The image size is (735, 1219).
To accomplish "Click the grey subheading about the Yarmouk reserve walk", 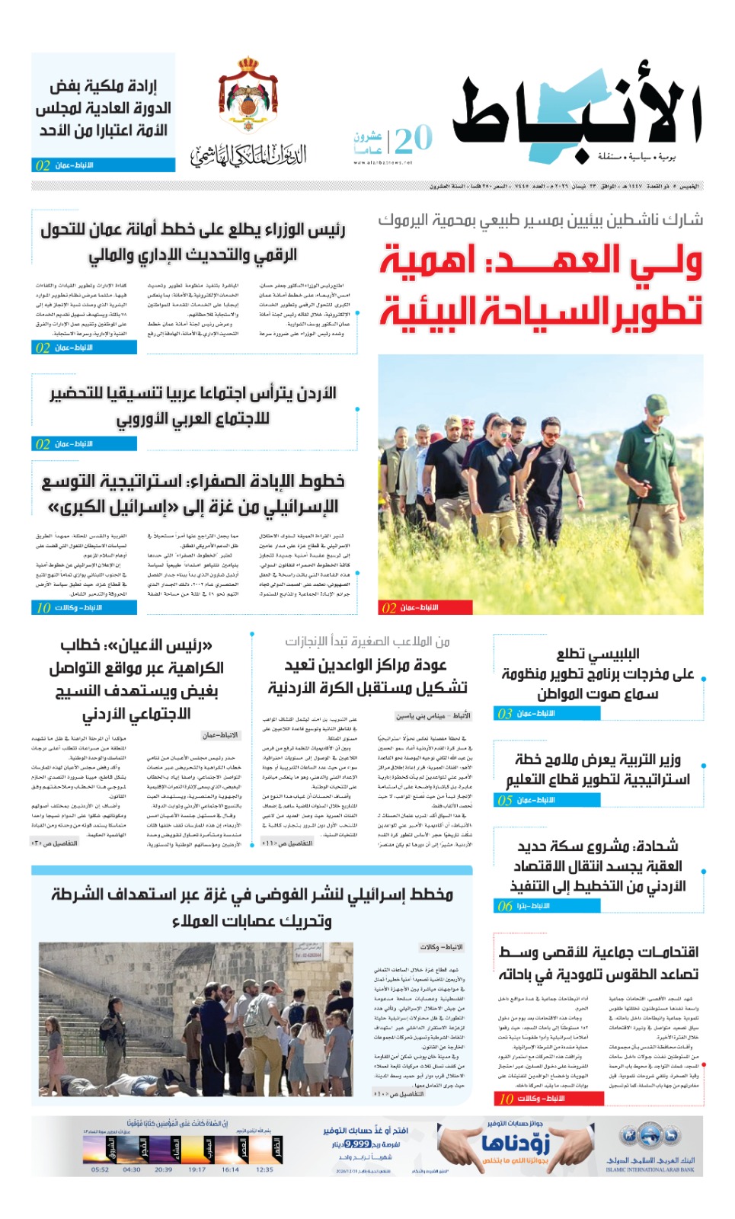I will [540, 220].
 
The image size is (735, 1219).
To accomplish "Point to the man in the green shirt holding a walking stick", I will [653, 457].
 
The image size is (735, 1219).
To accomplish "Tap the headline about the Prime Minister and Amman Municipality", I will [193, 242].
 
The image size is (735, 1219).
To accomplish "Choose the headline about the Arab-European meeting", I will [193, 405].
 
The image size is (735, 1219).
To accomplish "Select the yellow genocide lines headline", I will [193, 494].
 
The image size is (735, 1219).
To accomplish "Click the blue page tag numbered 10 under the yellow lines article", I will [85, 607].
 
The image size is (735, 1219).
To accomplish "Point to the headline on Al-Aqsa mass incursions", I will [599, 962].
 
